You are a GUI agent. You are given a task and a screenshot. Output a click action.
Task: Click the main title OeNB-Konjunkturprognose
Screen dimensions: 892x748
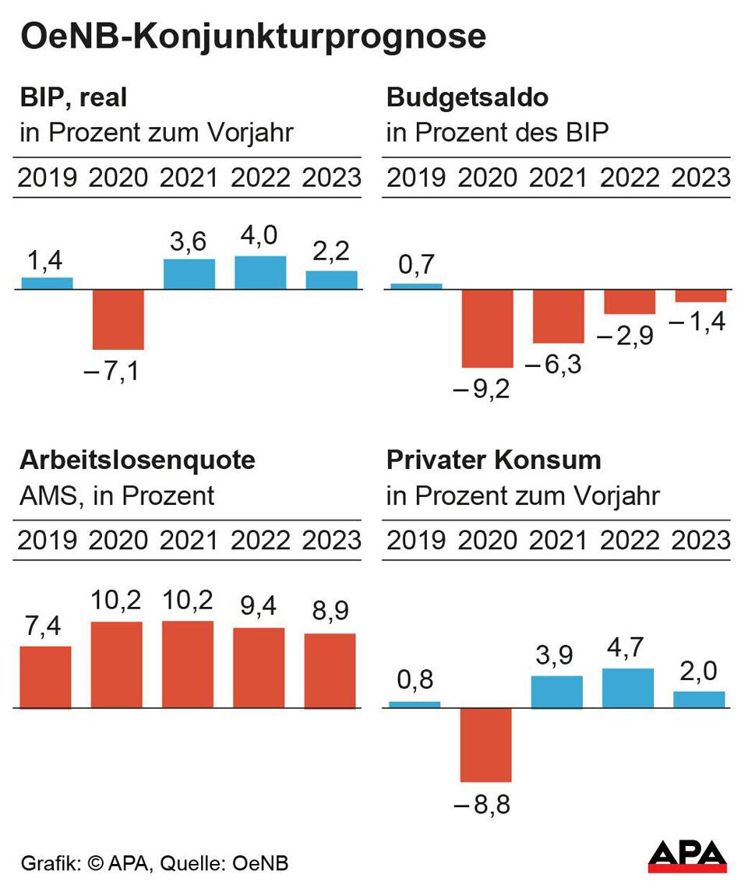(x=252, y=37)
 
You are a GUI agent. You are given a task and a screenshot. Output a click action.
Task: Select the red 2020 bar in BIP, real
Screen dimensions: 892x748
(x=118, y=319)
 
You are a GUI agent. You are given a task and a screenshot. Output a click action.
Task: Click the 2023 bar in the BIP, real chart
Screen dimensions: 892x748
(x=331, y=280)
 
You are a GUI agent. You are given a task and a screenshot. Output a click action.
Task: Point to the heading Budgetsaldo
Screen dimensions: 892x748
(x=467, y=98)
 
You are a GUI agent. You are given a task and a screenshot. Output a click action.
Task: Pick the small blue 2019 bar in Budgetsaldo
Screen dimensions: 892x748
(x=416, y=286)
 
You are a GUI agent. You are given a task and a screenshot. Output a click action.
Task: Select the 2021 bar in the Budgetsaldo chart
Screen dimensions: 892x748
(x=558, y=316)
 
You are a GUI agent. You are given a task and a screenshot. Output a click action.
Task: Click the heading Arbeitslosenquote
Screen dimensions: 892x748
(x=137, y=460)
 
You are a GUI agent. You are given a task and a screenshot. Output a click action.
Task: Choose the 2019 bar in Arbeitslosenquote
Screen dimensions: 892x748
(x=45, y=677)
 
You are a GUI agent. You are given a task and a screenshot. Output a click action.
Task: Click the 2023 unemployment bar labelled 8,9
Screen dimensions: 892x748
(x=330, y=671)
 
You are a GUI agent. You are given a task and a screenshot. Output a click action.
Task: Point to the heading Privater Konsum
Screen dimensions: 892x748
(x=493, y=460)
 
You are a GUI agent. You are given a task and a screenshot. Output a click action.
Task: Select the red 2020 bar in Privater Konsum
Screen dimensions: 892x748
(x=486, y=745)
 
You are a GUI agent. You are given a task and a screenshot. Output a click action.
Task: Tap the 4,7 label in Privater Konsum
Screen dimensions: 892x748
(x=628, y=648)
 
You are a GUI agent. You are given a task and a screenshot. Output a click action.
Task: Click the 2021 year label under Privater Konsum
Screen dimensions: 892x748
(x=558, y=540)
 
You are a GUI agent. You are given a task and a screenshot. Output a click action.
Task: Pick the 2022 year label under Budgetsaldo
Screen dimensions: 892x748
(x=630, y=178)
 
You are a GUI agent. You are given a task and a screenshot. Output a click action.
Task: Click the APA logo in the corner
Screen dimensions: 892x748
(x=687, y=857)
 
